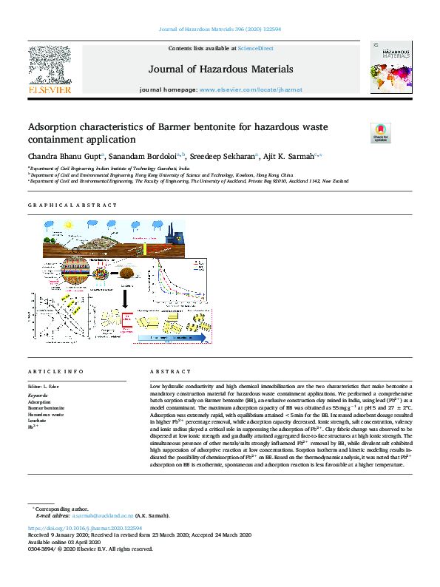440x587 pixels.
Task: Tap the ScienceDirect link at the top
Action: pos(255,48)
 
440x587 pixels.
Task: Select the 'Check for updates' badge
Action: pos(359,132)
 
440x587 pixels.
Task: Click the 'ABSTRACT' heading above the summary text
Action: pos(165,371)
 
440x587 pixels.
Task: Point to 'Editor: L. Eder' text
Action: pos(44,387)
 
